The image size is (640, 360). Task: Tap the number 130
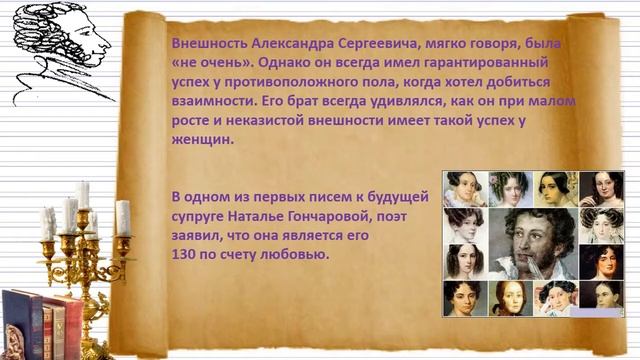186,256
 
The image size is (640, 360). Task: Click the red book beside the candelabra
70,326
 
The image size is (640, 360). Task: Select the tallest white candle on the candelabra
82,192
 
